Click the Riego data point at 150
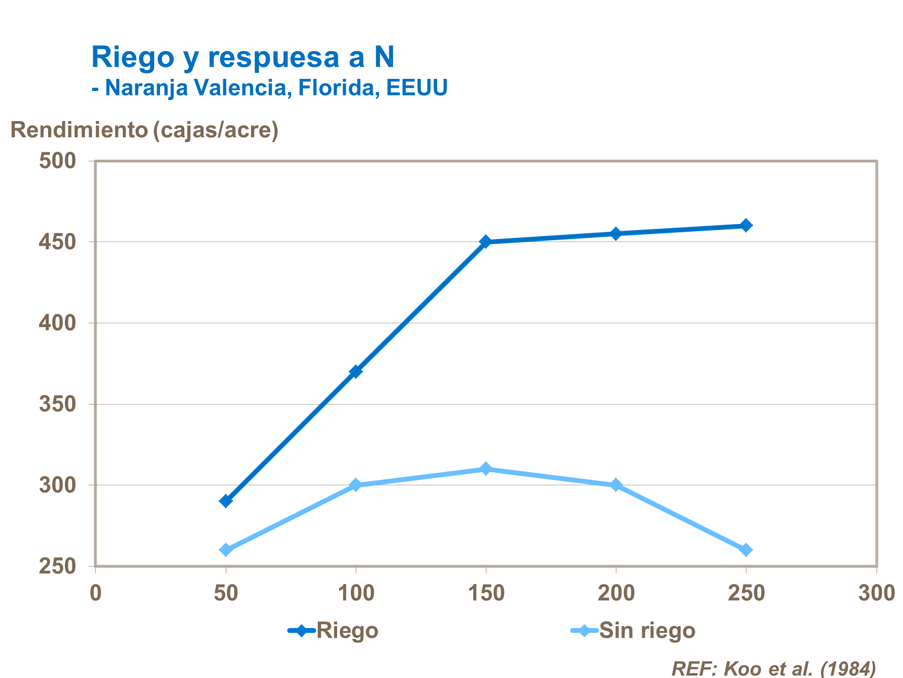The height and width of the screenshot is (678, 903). pos(486,241)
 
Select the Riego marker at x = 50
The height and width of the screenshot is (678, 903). pos(226,501)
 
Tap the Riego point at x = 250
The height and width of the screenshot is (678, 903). pos(746,225)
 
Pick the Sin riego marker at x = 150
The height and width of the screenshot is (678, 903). pos(486,469)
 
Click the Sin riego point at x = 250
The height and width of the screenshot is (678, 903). pos(746,550)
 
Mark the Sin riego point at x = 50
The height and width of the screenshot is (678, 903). pos(226,550)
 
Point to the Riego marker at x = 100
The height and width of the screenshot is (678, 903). pos(356,372)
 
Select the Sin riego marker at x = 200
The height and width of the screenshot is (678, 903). pos(616,485)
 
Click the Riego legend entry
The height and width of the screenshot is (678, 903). pos(334,630)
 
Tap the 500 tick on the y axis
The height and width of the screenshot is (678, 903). pos(58,161)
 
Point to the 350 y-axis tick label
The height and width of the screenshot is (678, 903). pos(58,404)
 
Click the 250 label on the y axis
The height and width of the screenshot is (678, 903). pos(58,566)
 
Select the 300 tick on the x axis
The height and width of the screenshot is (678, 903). pos(876,593)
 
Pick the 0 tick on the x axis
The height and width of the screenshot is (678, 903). pos(96,593)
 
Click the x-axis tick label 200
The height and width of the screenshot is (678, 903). pos(616,593)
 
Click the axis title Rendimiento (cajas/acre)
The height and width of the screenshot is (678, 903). pos(144,129)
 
